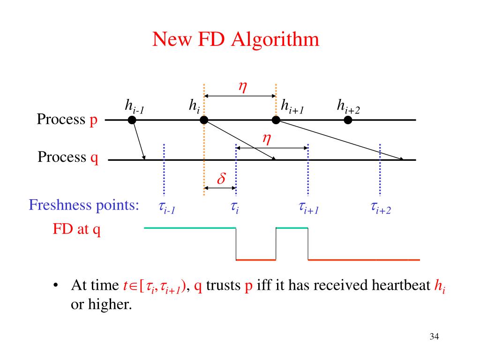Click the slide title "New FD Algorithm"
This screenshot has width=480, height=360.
(236, 39)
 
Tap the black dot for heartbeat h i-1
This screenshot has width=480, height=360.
(132, 120)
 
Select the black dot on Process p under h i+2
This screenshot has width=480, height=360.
(348, 120)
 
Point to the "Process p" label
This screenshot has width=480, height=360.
(67, 120)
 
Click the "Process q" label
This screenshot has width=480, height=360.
(68, 157)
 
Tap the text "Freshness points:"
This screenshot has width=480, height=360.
(84, 205)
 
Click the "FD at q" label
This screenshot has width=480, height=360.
(76, 230)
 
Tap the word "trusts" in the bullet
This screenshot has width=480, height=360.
(223, 285)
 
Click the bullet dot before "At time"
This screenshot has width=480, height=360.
(56, 285)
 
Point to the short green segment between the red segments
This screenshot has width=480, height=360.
(292, 228)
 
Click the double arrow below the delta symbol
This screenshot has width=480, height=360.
(220, 188)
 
